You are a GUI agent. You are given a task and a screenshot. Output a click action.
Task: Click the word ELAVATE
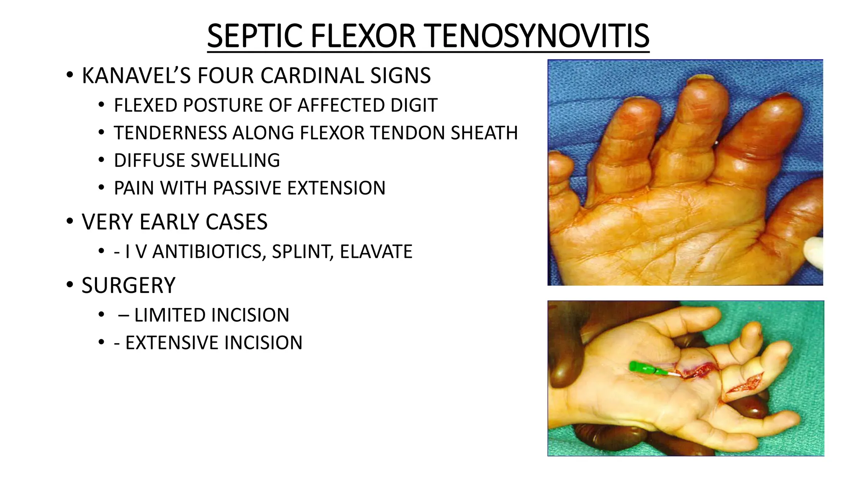(376, 252)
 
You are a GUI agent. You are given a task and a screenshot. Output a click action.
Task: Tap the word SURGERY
(128, 286)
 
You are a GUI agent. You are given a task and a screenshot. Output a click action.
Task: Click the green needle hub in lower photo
(641, 368)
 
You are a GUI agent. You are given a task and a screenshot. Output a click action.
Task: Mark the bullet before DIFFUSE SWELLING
(101, 160)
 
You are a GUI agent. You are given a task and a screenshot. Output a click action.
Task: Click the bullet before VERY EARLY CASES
(69, 221)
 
